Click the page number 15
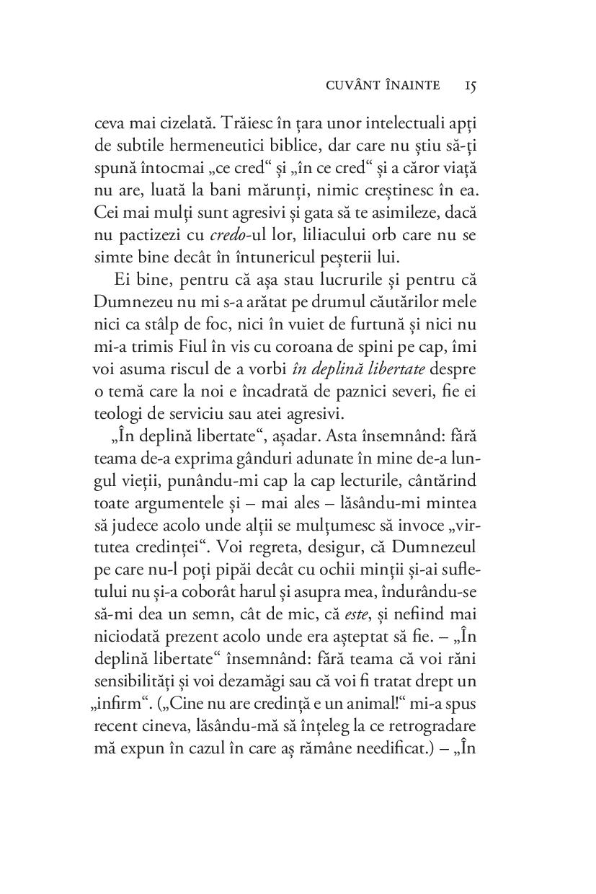(470, 86)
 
